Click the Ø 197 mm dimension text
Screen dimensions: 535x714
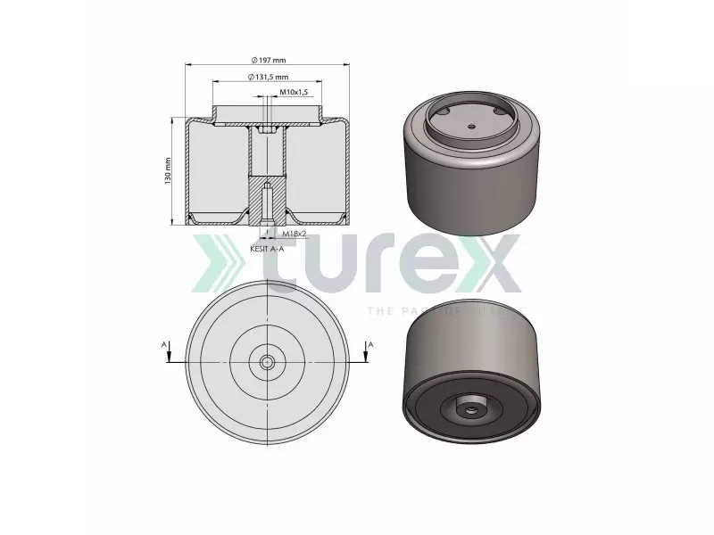click(269, 60)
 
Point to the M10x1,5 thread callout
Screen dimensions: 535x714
click(294, 93)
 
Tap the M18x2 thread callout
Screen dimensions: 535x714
click(295, 233)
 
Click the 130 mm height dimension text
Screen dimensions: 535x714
click(167, 171)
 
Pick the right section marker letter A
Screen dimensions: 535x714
click(369, 342)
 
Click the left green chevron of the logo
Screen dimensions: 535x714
click(208, 265)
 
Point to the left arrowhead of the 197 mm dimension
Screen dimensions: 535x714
click(188, 65)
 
